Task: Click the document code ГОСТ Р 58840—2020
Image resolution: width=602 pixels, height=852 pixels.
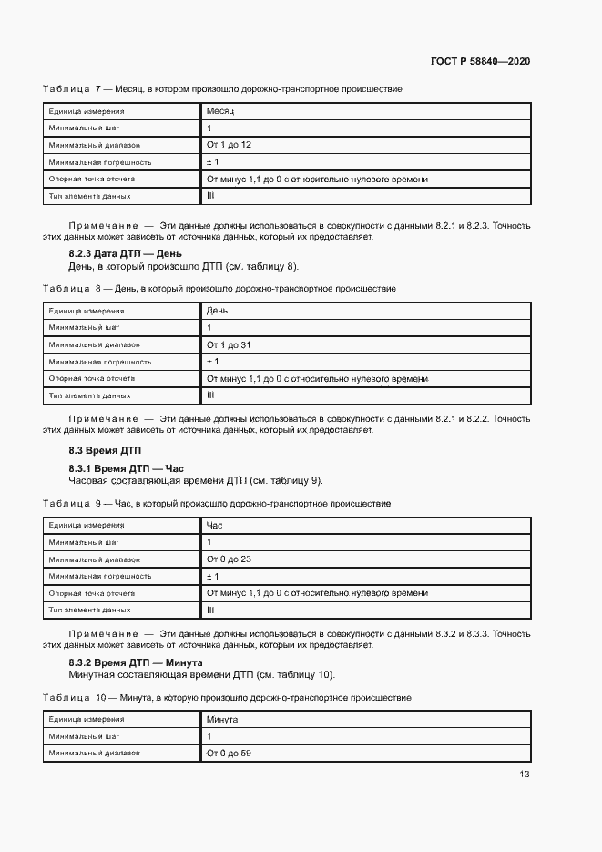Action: click(480, 61)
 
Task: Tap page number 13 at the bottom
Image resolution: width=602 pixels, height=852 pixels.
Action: click(524, 775)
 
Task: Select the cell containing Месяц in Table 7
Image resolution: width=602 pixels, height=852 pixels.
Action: click(220, 110)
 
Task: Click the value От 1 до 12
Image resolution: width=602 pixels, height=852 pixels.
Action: click(229, 145)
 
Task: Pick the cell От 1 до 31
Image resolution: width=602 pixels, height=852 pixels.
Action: click(229, 344)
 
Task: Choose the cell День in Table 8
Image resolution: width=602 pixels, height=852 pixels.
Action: click(218, 311)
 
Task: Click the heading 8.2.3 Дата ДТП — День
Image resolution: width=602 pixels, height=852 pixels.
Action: click(126, 254)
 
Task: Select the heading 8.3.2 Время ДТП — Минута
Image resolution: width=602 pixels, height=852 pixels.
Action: click(136, 662)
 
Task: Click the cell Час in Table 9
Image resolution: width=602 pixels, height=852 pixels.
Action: click(215, 525)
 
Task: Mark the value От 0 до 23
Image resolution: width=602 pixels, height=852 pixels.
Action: click(229, 559)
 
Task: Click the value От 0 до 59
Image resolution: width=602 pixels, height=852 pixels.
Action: click(229, 754)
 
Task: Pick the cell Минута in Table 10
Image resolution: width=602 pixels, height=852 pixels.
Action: click(222, 719)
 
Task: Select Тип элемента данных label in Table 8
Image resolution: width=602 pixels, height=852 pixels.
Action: click(90, 395)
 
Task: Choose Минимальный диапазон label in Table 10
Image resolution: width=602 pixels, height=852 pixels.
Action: click(95, 754)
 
